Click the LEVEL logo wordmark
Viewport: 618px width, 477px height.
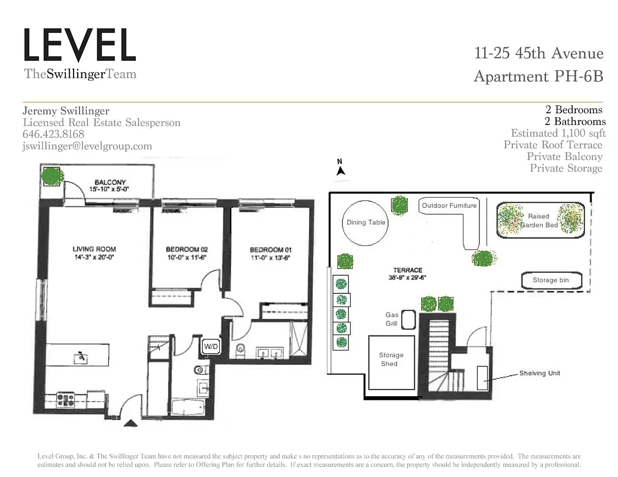(80, 45)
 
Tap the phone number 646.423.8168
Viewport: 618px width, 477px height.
(54, 134)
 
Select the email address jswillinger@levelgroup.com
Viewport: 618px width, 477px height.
(88, 146)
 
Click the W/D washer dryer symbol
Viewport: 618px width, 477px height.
(211, 346)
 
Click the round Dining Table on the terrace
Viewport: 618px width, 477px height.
(365, 223)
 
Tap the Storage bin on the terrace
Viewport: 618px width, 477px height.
(552, 280)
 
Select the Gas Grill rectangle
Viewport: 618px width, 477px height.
(409, 320)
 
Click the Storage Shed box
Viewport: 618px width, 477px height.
(391, 363)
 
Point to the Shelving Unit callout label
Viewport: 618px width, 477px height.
(540, 373)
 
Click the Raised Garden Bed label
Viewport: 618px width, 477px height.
(539, 220)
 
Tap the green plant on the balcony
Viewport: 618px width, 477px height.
(53, 176)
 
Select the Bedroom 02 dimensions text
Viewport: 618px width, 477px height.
(186, 257)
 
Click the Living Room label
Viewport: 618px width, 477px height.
(94, 249)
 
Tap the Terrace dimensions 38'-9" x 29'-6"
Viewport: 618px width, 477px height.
(407, 277)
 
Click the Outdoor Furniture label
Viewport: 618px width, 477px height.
(449, 205)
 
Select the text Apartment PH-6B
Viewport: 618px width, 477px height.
(538, 76)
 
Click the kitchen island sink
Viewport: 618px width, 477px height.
(81, 358)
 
